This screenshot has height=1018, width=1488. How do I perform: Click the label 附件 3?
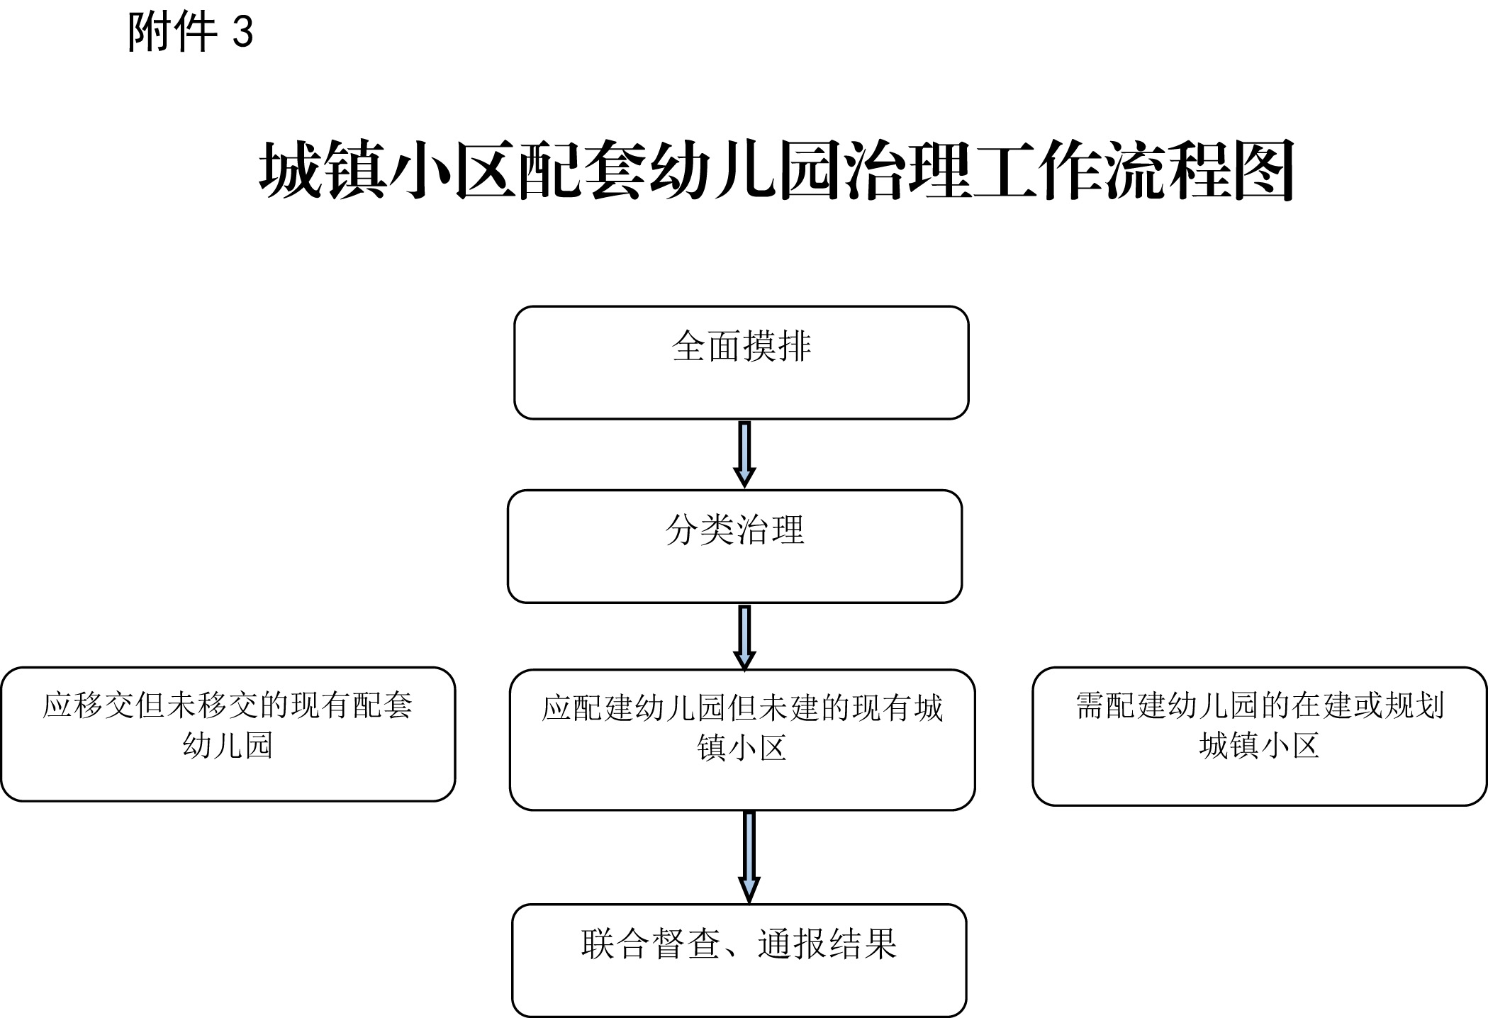pyautogui.click(x=190, y=32)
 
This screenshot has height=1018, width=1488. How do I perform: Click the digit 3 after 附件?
pyautogui.click(x=243, y=33)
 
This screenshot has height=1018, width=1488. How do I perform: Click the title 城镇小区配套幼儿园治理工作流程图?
pyautogui.click(x=777, y=170)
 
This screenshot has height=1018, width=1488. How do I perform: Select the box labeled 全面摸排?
pyautogui.click(x=741, y=362)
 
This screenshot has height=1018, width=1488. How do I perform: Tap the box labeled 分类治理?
pyautogui.click(x=734, y=546)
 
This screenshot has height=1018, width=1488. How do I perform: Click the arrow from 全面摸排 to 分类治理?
pyautogui.click(x=744, y=454)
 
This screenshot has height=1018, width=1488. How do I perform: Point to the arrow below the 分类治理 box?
pyautogui.click(x=744, y=637)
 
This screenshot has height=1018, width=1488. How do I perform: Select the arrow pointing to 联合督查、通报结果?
pyautogui.click(x=749, y=857)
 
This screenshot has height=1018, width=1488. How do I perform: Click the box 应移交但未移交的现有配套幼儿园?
pyautogui.click(x=228, y=734)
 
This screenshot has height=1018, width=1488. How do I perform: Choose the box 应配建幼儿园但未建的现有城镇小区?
pyautogui.click(x=742, y=739)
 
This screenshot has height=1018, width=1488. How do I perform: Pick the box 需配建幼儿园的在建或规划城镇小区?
pyautogui.click(x=1259, y=736)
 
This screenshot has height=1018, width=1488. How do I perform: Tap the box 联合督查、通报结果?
pyautogui.click(x=739, y=961)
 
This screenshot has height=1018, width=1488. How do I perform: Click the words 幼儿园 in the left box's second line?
pyautogui.click(x=228, y=746)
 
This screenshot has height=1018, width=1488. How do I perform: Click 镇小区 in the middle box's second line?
pyautogui.click(x=742, y=748)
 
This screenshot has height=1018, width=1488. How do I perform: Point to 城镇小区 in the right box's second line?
pyautogui.click(x=1259, y=746)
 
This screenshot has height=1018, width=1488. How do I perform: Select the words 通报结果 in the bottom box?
pyautogui.click(x=827, y=944)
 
